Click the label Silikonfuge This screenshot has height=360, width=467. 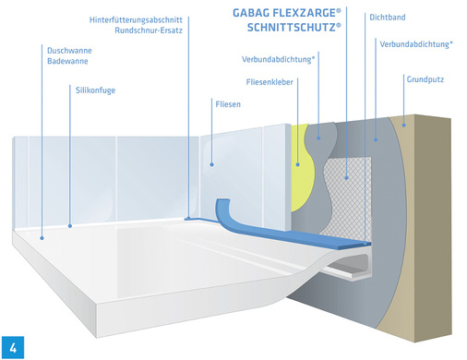[96, 90]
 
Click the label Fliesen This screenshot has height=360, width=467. [228, 105]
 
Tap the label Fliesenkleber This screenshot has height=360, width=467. [270, 81]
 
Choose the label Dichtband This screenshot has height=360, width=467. [363, 18]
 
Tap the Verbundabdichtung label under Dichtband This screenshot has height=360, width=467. [415, 43]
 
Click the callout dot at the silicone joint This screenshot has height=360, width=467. [71, 223]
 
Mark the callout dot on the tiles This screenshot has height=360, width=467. [210, 164]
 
